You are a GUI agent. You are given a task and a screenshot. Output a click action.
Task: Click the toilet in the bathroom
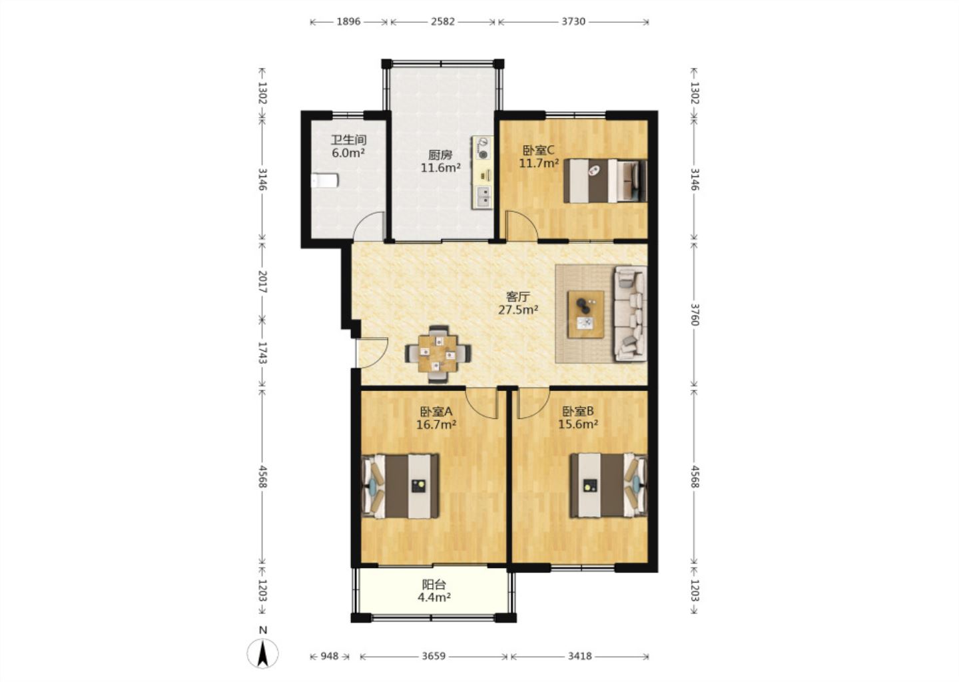pos(324,180)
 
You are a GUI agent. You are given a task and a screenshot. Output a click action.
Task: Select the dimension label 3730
pos(573,21)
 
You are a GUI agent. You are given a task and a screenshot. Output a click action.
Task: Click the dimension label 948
pos(329,656)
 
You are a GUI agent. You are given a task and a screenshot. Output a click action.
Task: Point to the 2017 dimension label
pos(263,282)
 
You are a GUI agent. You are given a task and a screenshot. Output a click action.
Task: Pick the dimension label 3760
pos(695,314)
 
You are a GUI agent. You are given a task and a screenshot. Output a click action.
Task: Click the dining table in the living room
pos(438,354)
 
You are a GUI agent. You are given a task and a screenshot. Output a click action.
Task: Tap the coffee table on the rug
pos(585,314)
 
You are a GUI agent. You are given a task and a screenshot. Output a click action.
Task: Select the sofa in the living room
pos(630,314)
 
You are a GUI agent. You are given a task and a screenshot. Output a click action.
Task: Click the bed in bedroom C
pos(605,180)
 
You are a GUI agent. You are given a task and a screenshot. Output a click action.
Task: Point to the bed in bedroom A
pos(400,486)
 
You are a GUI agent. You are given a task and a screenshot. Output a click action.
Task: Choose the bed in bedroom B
pos(608,486)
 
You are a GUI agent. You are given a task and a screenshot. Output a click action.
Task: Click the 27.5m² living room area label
pos(518,310)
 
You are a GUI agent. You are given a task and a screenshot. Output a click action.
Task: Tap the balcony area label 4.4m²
pos(434,597)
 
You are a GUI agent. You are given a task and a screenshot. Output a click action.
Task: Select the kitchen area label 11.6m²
pos(441,167)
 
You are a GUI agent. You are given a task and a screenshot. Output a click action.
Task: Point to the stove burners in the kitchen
pos(483,148)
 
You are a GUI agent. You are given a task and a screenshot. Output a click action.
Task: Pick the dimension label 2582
pos(443,21)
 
